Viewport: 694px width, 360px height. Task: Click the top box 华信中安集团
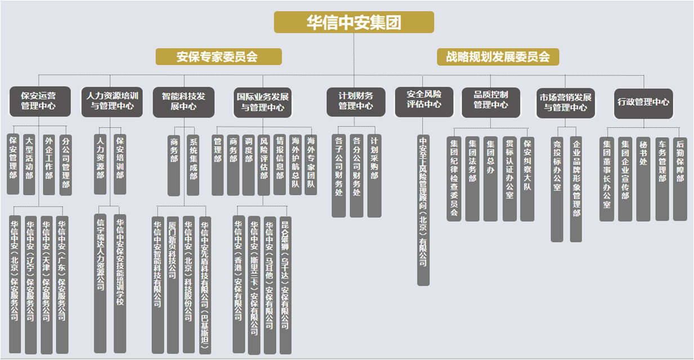[354, 22]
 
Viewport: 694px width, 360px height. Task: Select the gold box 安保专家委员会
[218, 57]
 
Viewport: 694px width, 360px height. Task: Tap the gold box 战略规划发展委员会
[498, 57]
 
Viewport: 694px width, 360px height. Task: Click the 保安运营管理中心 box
[40, 101]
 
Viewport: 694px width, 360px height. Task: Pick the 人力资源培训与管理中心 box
[112, 102]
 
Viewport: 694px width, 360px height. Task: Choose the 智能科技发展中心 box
[183, 102]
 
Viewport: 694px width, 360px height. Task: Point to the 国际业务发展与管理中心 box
[262, 102]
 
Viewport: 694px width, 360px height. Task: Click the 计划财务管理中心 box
[356, 102]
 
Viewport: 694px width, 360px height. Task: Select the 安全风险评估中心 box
[424, 102]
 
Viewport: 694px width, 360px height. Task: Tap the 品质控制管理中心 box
[491, 102]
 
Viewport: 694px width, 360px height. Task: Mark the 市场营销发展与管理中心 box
[566, 103]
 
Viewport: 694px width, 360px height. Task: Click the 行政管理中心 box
[643, 103]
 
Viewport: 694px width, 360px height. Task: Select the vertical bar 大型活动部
[29, 164]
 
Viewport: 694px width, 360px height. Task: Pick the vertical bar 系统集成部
[193, 165]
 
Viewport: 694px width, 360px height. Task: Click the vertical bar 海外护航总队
[295, 165]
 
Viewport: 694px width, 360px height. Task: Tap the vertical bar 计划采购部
[374, 176]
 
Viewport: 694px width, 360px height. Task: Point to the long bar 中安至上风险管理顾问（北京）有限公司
[423, 210]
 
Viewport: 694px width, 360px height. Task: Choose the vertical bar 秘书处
[643, 179]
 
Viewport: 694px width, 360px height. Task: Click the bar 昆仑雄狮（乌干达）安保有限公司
[285, 285]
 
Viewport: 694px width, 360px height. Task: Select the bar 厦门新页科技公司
[173, 285]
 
